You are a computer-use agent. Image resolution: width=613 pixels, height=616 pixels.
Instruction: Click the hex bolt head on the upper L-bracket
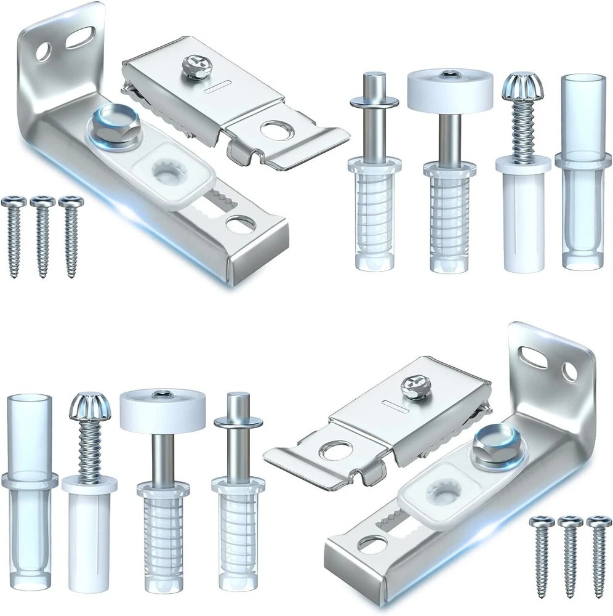(109, 128)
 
